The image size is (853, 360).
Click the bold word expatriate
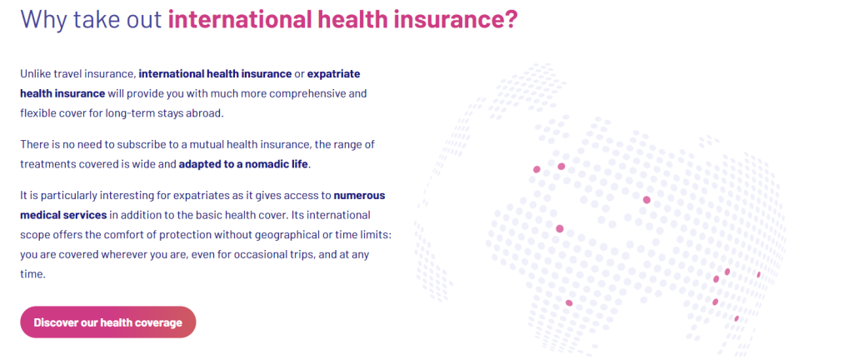(x=333, y=73)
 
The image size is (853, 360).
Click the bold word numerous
(x=360, y=195)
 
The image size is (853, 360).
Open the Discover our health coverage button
(x=108, y=322)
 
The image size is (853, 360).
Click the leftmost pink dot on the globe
(x=536, y=170)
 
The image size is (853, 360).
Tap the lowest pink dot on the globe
(x=736, y=318)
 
